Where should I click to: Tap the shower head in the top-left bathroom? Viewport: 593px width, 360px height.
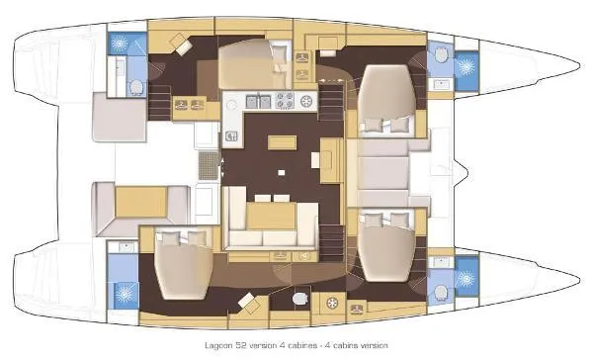tap(121, 45)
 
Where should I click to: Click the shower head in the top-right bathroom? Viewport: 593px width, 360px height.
tap(461, 66)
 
